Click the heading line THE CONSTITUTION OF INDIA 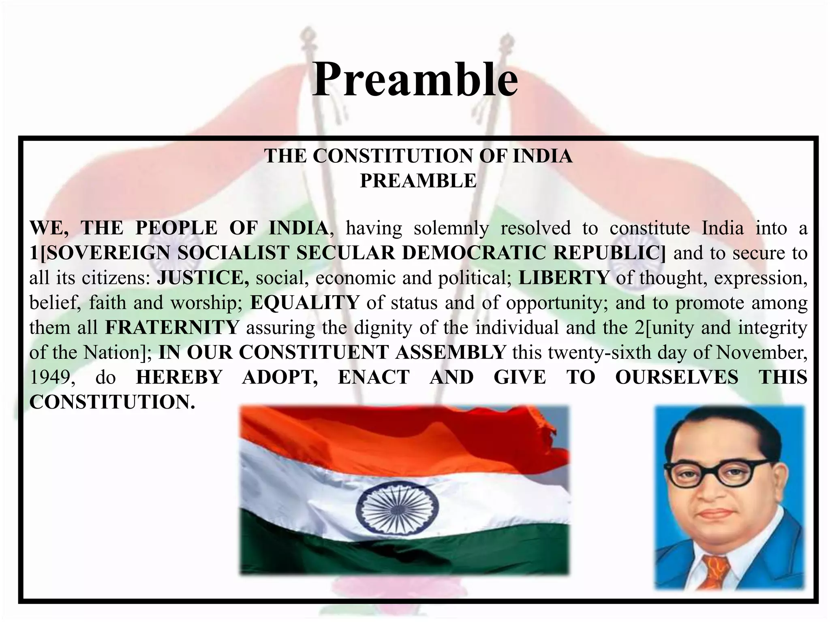tap(418, 156)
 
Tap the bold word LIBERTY tap(564, 278)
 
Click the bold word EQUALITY tap(305, 303)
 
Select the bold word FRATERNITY tap(172, 328)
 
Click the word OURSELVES tap(676, 377)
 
